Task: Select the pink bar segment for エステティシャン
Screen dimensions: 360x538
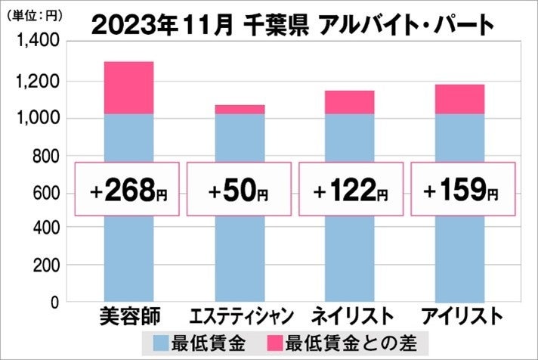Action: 239,110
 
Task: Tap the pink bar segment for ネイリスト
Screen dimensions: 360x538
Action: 349,102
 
